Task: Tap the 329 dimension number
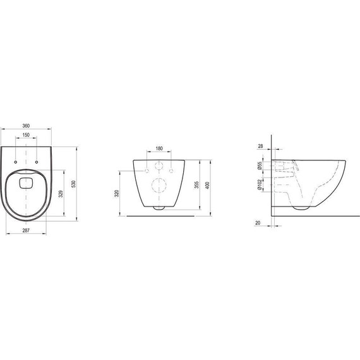coord(60,194)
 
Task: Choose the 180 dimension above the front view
coord(159,149)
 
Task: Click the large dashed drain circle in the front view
coord(159,185)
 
